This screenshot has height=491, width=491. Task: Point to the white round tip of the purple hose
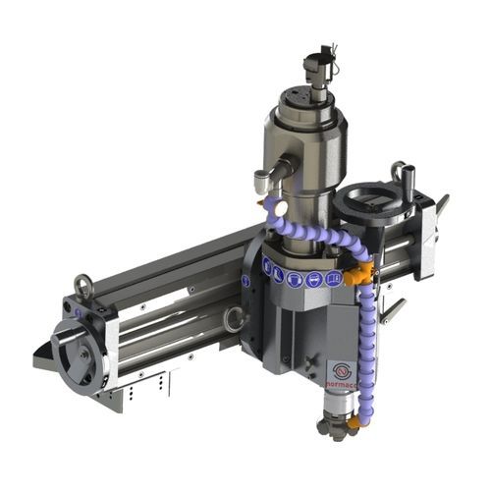point(279,208)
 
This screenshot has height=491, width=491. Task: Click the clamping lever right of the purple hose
point(393,310)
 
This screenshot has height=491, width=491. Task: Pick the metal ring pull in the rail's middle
point(234,317)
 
